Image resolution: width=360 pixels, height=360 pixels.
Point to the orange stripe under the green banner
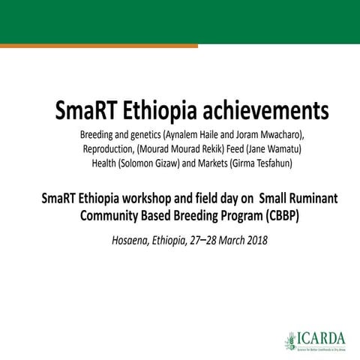pos(97,46)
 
